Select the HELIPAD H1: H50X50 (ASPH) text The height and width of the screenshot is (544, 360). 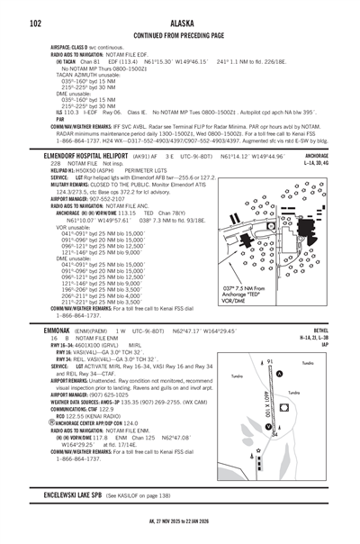[x=80, y=169]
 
